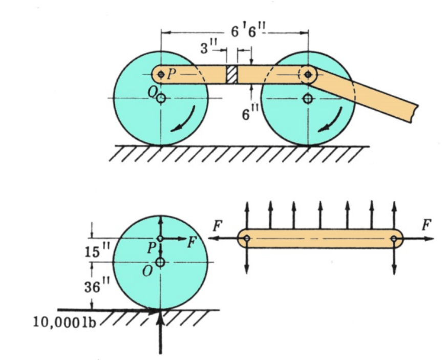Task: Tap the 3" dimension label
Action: pos(207,49)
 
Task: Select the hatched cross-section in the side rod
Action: pos(232,74)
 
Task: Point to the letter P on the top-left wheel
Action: pos(172,74)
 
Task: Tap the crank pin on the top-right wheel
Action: pos(307,74)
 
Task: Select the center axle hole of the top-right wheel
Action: pos(307,98)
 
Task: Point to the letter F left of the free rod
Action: pos(217,225)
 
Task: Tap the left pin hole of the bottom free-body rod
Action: pos(247,239)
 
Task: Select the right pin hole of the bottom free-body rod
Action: pos(394,239)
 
